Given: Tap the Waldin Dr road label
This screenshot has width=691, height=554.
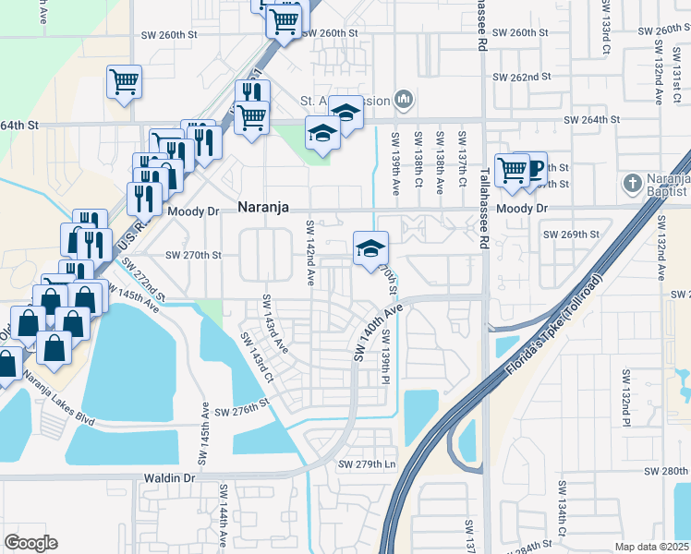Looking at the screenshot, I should [169, 478].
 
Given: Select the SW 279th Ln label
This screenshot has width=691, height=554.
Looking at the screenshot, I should [367, 464].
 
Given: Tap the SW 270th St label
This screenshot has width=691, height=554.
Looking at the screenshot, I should [194, 255].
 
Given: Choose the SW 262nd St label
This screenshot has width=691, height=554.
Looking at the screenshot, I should [522, 78].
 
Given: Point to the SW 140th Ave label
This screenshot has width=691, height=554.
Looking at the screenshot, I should [377, 333].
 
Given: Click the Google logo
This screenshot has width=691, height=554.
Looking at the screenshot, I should [30, 543].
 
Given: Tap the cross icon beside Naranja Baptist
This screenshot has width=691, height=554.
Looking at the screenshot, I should [633, 183].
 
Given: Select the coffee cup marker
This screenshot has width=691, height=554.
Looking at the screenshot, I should [532, 168].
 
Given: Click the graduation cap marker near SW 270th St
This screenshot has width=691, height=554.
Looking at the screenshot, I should [370, 249].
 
